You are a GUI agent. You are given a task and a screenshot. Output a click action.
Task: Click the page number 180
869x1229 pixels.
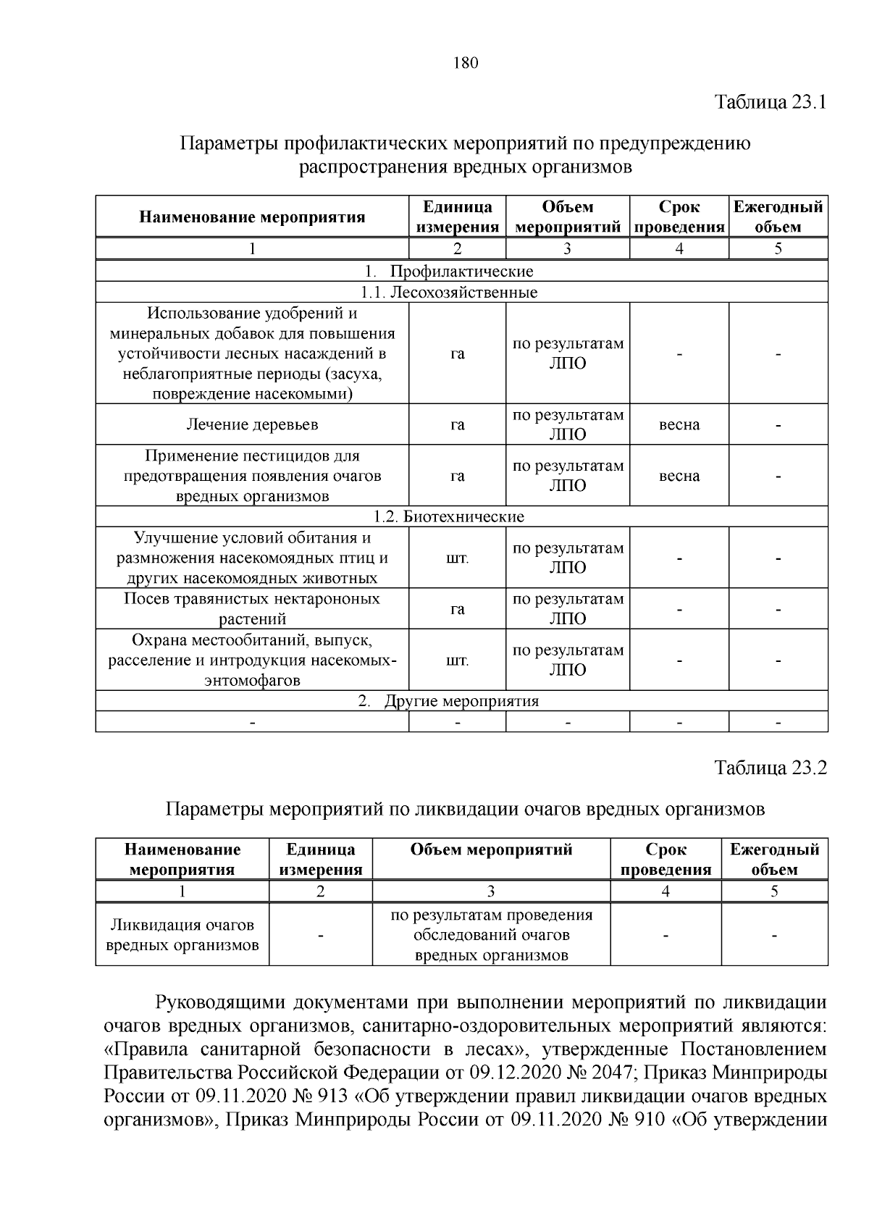coord(466,63)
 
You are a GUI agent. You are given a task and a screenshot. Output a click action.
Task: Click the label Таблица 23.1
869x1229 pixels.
coord(771,101)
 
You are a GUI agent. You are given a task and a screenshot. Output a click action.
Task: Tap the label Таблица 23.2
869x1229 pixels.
coord(771,768)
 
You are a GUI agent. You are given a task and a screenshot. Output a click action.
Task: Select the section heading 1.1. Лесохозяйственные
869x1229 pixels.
coord(449,293)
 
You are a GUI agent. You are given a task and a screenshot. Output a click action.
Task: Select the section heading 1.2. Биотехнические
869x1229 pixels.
coord(449,516)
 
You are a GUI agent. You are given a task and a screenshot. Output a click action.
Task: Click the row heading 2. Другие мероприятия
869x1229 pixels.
coord(449,701)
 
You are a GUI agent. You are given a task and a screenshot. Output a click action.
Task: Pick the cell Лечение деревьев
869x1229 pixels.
coord(252,424)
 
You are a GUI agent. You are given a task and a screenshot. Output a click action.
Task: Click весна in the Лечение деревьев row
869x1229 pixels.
coord(679,424)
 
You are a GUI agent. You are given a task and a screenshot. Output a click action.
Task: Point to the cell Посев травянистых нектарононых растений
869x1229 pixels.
coord(252,609)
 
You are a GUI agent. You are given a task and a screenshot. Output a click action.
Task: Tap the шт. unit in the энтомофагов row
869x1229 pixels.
coord(457,660)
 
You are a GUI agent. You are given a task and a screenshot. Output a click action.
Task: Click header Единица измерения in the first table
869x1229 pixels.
coord(457,217)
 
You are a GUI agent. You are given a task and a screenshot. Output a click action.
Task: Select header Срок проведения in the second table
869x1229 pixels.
coord(666,860)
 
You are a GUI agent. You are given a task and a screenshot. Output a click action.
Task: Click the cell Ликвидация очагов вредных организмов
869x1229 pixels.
coord(182,935)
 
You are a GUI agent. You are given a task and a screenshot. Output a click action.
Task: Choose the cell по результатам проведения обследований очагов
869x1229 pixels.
coord(491,935)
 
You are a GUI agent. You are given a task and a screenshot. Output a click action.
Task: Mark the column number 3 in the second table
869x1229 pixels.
coord(491,892)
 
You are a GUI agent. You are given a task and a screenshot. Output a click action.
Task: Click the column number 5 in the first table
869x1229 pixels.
coord(778,249)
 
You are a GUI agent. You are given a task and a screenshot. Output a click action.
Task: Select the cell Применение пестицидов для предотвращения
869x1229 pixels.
coord(252,476)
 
